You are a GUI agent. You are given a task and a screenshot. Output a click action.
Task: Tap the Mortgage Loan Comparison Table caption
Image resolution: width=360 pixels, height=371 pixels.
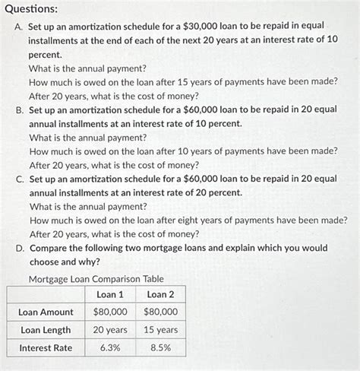click(95, 278)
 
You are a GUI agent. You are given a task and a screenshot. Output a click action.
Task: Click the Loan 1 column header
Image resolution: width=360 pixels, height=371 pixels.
click(111, 294)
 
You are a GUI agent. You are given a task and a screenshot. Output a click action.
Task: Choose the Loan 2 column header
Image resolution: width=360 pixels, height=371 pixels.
click(160, 294)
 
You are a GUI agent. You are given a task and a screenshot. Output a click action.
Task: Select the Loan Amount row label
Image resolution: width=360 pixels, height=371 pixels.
click(46, 312)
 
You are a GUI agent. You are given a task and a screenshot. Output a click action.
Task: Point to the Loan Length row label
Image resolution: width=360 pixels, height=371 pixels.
click(46, 330)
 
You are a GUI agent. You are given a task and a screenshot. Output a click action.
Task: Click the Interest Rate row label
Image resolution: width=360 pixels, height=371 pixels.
click(46, 347)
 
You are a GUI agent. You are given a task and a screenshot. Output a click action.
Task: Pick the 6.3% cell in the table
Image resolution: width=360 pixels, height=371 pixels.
click(111, 347)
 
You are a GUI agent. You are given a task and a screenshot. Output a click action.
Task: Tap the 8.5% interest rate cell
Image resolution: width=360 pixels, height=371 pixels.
click(160, 347)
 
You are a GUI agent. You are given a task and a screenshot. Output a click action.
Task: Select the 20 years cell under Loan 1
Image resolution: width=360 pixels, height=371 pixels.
click(111, 330)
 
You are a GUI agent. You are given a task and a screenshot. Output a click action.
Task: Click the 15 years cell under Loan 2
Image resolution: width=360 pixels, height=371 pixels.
click(160, 330)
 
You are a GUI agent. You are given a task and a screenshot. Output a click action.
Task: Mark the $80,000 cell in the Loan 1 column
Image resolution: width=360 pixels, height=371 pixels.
click(111, 312)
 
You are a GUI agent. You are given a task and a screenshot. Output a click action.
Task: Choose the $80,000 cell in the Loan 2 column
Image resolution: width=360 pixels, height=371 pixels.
click(160, 312)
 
